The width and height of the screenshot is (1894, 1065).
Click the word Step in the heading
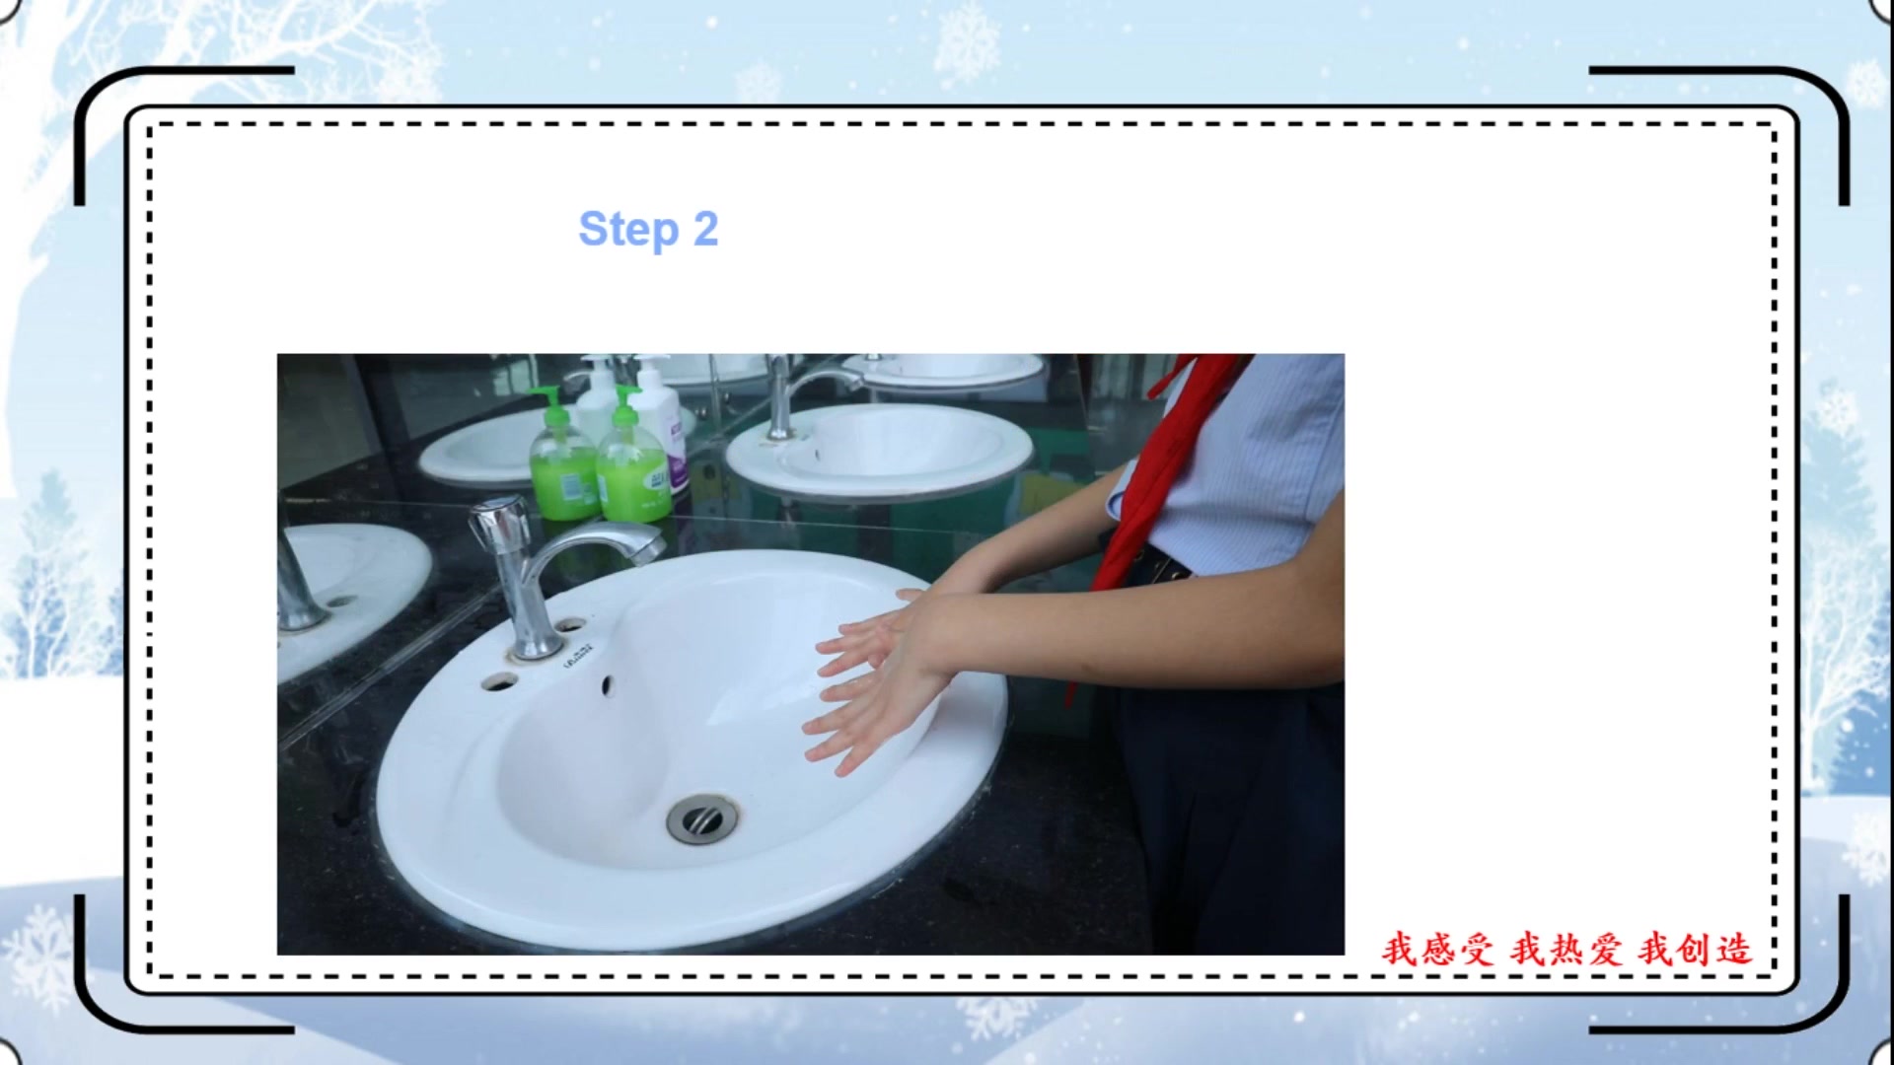[628, 230]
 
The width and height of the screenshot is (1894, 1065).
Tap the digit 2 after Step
[705, 229]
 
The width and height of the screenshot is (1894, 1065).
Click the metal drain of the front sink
[701, 818]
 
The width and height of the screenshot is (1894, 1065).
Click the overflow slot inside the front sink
[608, 685]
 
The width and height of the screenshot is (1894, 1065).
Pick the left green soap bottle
[563, 459]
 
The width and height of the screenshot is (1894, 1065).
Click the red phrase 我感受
[1437, 949]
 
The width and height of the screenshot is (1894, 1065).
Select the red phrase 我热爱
[1566, 949]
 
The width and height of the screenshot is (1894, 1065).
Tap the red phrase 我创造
[1695, 949]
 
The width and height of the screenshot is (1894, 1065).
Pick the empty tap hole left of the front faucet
[498, 680]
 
